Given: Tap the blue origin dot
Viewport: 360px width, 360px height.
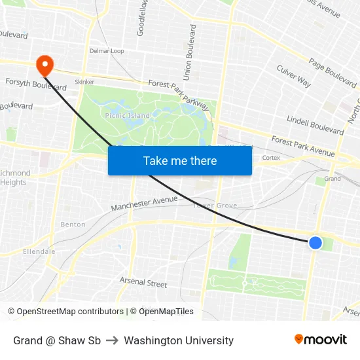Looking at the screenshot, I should pos(315,243).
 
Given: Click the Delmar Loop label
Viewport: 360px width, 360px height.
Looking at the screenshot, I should pos(107,50).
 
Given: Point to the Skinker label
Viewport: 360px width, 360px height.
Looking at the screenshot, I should pos(84,82).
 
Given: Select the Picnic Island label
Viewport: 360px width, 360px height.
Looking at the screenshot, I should pos(127,115).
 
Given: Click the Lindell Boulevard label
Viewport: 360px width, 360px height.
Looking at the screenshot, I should pos(315,122).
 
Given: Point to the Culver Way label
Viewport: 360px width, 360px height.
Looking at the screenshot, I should pos(294,76).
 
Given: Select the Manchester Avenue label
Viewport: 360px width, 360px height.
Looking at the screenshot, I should pos(144,204).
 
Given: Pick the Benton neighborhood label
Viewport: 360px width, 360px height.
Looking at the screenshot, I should pos(73,225).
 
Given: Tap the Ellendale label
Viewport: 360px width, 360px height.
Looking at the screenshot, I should pos(39,251).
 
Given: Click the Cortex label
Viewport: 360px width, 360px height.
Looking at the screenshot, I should pos(271,158).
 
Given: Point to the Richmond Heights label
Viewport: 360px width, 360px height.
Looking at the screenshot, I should pos(14,177).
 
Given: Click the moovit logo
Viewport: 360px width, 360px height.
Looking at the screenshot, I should pos(320,340).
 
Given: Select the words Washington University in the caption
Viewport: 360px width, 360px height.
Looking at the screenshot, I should pos(179,340).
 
